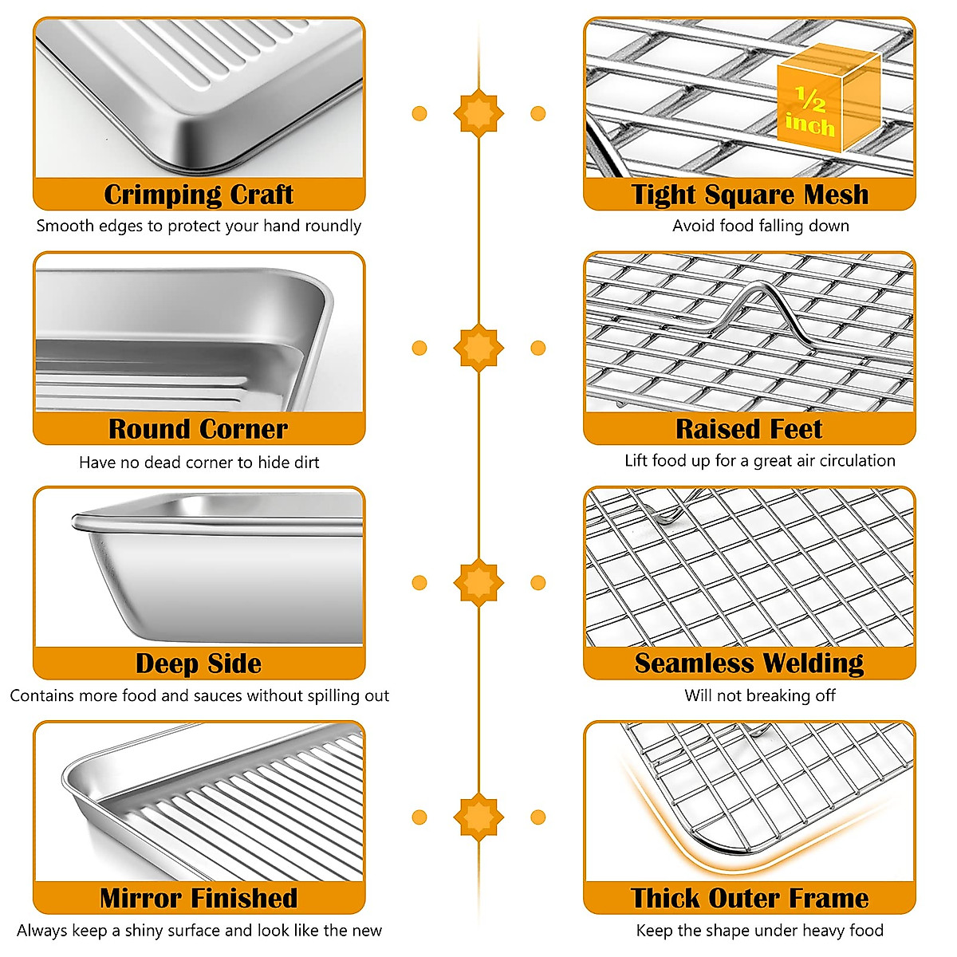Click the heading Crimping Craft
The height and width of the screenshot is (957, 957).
point(199,195)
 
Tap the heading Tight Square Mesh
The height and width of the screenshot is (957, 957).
point(750,195)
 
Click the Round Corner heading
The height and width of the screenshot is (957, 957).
point(199,429)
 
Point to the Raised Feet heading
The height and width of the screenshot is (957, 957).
point(750,429)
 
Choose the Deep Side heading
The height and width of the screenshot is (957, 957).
point(199,664)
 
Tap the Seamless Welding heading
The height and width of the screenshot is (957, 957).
point(750,664)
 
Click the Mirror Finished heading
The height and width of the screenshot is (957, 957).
point(199,898)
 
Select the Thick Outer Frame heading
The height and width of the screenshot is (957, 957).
point(750,898)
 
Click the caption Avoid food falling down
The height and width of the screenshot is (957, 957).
point(760,226)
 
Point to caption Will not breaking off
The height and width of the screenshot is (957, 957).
point(760,695)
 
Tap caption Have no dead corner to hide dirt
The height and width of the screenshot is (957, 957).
point(199,462)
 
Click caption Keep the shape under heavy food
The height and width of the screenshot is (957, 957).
point(760,930)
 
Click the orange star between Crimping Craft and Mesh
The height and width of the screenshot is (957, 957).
point(478,113)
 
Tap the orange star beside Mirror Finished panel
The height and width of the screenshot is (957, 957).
point(478,817)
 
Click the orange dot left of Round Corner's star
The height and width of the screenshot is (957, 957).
point(419,348)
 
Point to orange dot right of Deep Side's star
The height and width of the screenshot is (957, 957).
point(538,582)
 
